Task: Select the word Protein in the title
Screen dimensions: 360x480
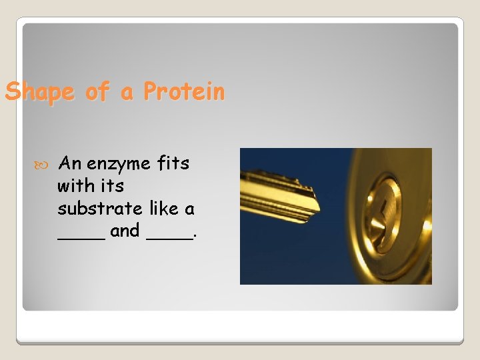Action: point(184,91)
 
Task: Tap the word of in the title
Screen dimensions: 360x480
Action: point(97,92)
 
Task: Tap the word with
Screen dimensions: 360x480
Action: point(75,186)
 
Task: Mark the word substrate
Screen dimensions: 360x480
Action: point(100,209)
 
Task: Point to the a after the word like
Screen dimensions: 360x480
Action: point(190,210)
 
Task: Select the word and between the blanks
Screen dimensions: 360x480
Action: point(125,231)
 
